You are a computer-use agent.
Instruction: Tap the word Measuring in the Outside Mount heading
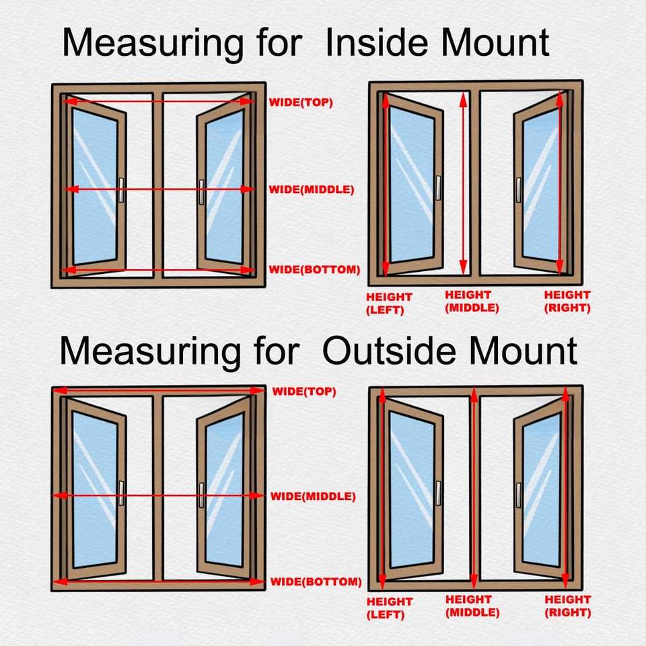click(x=149, y=352)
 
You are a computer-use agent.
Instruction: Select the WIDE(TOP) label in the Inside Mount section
click(x=301, y=103)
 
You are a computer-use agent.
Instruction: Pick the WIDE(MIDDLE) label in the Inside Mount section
click(x=311, y=190)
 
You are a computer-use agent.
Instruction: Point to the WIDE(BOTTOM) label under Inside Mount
click(x=314, y=270)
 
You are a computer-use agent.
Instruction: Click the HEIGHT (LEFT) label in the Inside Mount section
click(x=388, y=303)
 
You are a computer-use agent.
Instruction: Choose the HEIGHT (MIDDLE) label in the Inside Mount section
click(x=472, y=301)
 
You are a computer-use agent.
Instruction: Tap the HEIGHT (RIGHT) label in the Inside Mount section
click(x=567, y=301)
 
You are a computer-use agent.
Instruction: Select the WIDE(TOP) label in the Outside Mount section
click(x=303, y=392)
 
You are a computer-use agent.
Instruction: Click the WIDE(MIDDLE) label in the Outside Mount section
click(x=312, y=497)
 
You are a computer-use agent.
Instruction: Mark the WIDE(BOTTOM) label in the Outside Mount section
click(x=316, y=581)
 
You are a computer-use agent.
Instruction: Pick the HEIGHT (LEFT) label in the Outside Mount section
click(x=389, y=608)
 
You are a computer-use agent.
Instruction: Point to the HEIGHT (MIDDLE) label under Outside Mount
click(x=472, y=606)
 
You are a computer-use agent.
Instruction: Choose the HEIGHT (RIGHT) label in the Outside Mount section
click(x=568, y=606)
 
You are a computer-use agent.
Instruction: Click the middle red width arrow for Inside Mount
click(x=159, y=190)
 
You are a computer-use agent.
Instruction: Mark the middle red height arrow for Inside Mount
click(x=463, y=182)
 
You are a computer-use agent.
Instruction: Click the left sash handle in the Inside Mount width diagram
click(x=121, y=191)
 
